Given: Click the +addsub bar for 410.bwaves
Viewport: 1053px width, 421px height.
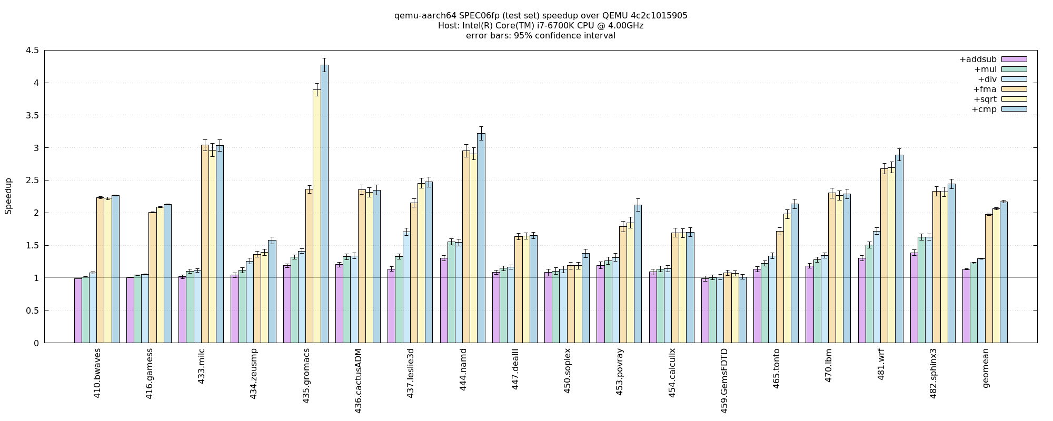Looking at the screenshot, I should (78, 310).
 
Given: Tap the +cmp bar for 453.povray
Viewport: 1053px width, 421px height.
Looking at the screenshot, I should (638, 274).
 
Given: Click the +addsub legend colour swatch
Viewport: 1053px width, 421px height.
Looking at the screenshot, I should (1014, 59).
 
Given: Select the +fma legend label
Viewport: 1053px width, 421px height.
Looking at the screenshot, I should (985, 89).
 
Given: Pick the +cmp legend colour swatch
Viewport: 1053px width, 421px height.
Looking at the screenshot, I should (1014, 109).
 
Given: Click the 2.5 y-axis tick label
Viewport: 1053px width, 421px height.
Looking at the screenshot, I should (32, 181).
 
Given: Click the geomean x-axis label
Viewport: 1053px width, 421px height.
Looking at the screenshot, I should (986, 368).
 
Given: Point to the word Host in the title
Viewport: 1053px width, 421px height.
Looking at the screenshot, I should (447, 26).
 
